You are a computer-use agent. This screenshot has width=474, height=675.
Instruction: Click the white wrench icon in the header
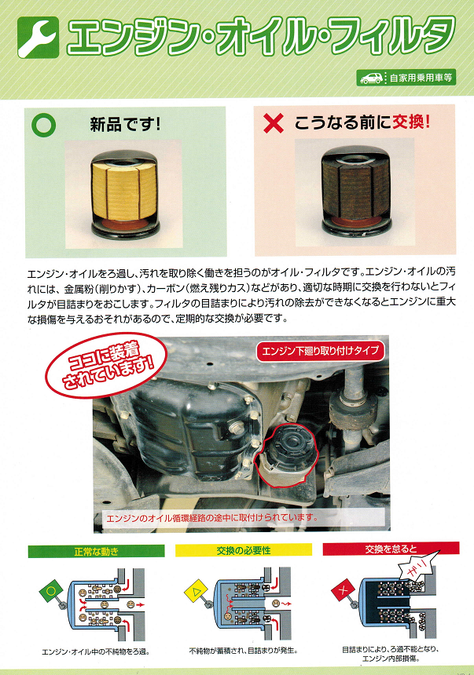pyautogui.click(x=38, y=38)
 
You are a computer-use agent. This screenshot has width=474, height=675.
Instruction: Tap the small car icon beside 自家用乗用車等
pyautogui.click(x=371, y=78)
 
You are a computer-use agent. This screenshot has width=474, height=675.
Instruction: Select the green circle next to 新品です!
pyautogui.click(x=43, y=125)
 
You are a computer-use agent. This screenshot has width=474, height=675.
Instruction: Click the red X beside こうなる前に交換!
pyautogui.click(x=274, y=123)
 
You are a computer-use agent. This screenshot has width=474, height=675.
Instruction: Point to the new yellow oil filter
pyautogui.click(x=124, y=194)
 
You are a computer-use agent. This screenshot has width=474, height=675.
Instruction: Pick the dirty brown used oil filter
pyautogui.click(x=356, y=192)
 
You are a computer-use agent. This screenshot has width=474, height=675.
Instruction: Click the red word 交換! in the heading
pyautogui.click(x=411, y=122)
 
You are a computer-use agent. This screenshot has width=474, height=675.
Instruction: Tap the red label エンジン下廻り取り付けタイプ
pyautogui.click(x=320, y=352)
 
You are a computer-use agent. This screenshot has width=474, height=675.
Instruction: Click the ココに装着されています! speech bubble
pyautogui.click(x=106, y=364)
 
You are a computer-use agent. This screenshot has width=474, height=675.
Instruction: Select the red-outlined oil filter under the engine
pyautogui.click(x=286, y=455)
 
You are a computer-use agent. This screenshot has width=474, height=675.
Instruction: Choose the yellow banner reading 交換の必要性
pyautogui.click(x=243, y=550)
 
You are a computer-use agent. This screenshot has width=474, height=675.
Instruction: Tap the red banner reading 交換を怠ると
pyautogui.click(x=391, y=549)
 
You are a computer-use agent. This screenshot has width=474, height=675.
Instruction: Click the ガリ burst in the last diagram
pyautogui.click(x=418, y=567)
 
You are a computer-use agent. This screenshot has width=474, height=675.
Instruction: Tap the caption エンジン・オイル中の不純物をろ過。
pyautogui.click(x=96, y=651)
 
